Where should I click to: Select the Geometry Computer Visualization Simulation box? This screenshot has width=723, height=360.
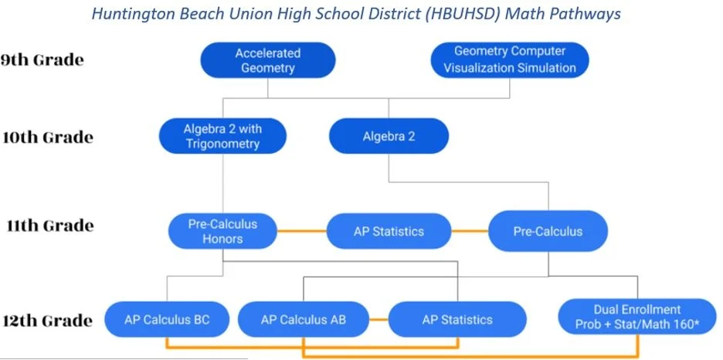pyautogui.click(x=509, y=60)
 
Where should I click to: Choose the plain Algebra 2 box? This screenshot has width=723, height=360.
pyautogui.click(x=389, y=137)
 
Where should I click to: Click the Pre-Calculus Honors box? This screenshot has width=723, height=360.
pyautogui.click(x=223, y=231)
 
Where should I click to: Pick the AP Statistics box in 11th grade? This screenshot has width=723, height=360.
pyautogui.click(x=389, y=231)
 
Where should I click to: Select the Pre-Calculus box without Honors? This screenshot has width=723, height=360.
pyautogui.click(x=548, y=231)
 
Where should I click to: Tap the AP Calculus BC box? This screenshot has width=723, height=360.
pyautogui.click(x=167, y=319)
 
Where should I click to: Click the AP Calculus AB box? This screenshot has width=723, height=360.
pyautogui.click(x=302, y=319)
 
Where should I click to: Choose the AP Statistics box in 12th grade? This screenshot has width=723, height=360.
pyautogui.click(x=457, y=319)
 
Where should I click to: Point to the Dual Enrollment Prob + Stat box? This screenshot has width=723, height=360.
pyautogui.click(x=636, y=318)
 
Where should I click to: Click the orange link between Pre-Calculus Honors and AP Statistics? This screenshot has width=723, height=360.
pyautogui.click(x=302, y=231)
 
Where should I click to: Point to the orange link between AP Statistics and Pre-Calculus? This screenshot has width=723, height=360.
pyautogui.click(x=470, y=231)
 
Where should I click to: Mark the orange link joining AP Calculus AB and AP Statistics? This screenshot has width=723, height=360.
pyautogui.click(x=378, y=319)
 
